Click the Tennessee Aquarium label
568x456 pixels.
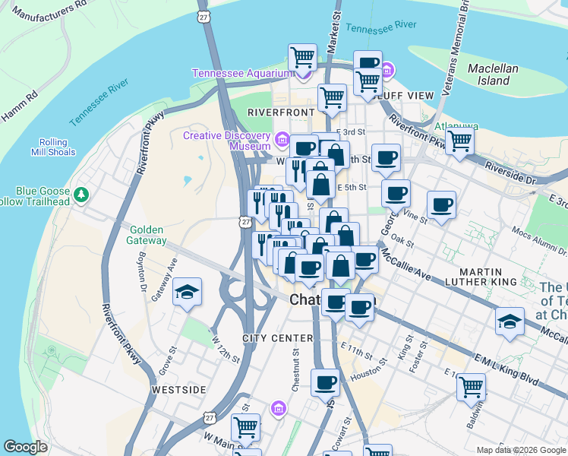(241, 73)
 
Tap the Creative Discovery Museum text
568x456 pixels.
(227, 141)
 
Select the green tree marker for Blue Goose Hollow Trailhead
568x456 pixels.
(81, 196)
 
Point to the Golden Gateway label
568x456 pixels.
(148, 235)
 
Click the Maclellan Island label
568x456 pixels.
(493, 74)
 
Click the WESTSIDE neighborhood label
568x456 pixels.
(178, 389)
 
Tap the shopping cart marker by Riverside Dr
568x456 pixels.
(459, 140)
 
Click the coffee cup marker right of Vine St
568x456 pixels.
(441, 204)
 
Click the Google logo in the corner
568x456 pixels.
(26, 447)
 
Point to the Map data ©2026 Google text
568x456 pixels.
(520, 450)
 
